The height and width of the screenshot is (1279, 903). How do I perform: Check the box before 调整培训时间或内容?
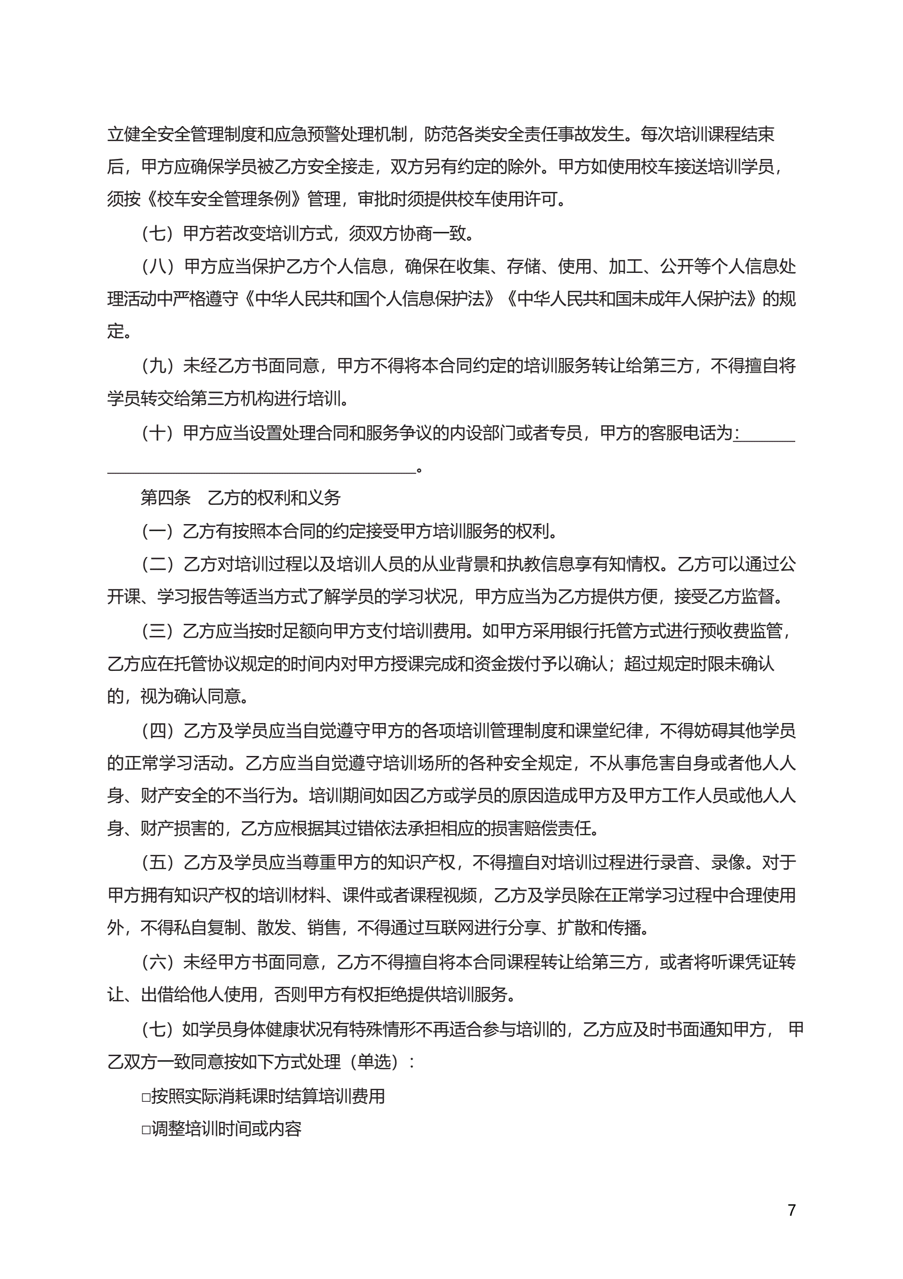(x=146, y=1129)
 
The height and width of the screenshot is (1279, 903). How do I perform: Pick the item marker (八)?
(x=159, y=266)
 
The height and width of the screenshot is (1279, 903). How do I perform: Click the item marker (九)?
(x=159, y=366)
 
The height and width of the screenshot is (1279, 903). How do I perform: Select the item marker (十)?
(x=159, y=432)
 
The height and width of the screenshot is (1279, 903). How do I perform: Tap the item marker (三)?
(x=159, y=630)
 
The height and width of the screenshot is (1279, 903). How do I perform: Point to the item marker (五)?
(x=159, y=863)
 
